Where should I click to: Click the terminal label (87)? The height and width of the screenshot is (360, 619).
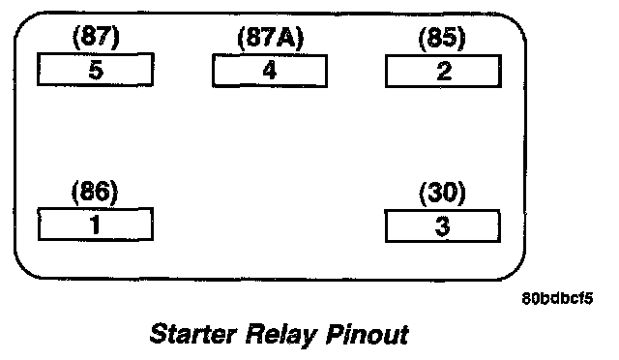[96, 37]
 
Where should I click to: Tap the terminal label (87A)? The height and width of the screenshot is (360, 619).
[271, 39]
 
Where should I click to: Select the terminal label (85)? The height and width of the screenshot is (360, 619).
[442, 39]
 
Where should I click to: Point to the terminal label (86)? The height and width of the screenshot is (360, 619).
[95, 192]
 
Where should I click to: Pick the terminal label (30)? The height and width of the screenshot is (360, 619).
[442, 194]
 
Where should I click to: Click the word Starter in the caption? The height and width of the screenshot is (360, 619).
[192, 334]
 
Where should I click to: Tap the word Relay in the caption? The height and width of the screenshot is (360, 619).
[281, 336]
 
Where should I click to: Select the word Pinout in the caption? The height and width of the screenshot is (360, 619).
[368, 334]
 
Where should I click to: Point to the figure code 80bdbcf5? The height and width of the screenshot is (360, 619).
[557, 298]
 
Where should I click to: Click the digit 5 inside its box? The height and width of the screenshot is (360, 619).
[96, 71]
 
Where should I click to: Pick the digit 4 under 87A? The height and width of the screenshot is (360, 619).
[270, 72]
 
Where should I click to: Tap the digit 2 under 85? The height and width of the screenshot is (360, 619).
[444, 72]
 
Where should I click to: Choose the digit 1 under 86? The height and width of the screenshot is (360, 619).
[95, 225]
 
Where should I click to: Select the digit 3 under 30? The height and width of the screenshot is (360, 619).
[442, 226]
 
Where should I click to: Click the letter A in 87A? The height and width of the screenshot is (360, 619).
[286, 39]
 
